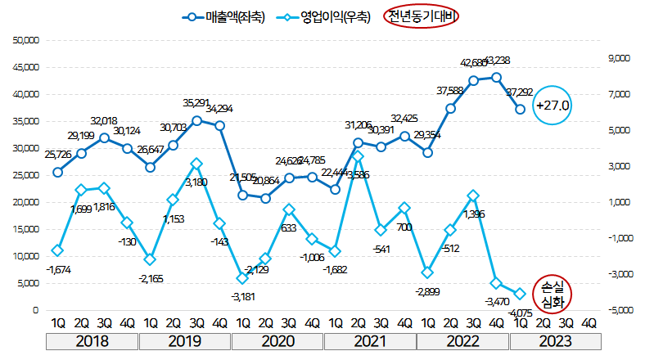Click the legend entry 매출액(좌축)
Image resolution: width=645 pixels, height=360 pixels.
pos(223,17)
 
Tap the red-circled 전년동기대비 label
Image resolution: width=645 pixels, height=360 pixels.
pos(422,17)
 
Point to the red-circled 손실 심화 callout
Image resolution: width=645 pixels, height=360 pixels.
pos(548,295)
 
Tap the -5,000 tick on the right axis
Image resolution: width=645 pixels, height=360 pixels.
pos(616,311)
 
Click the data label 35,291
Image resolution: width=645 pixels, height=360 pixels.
pos(197,103)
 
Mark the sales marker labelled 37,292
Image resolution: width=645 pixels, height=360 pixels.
pos(520,109)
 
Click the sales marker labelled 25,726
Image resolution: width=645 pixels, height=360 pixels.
pos(57,172)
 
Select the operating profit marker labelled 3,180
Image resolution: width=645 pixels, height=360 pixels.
pos(196,164)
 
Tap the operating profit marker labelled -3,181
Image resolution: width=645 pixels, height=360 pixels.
pos(243,278)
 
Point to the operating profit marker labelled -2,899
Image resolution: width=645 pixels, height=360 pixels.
pos(427,272)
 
